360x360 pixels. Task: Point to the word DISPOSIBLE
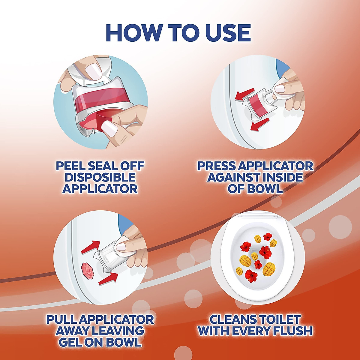pyautogui.click(x=100, y=177)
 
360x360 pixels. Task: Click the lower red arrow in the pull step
pyautogui.click(x=107, y=279)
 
